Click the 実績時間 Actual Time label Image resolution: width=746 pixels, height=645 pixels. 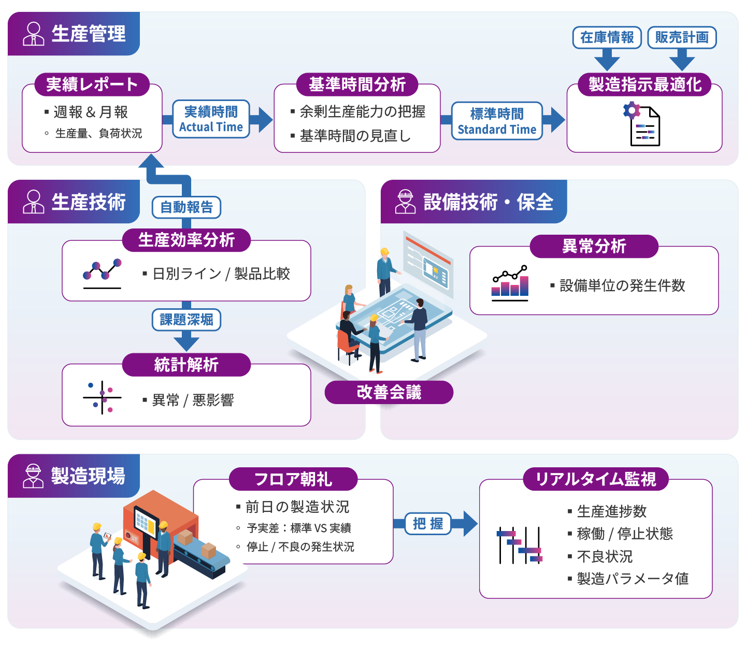211,119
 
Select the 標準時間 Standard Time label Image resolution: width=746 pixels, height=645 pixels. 497,121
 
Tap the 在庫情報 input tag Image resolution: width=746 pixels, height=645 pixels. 607,37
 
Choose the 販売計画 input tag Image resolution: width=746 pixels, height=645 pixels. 682,37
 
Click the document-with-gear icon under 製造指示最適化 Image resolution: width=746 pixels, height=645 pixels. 642,124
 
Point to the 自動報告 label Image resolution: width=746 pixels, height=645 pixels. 187,207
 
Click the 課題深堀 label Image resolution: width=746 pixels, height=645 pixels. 187,320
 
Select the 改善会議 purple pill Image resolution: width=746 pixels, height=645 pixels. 389,392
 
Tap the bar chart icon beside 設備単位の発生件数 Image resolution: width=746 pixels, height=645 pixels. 510,283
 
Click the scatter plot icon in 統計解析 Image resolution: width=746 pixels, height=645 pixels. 102,397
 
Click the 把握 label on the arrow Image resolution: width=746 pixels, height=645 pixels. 428,524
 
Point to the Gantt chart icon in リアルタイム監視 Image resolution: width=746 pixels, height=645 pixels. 519,545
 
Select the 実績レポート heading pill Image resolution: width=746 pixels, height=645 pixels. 92,84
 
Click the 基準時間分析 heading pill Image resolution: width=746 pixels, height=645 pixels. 357,84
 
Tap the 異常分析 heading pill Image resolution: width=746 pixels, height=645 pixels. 594,246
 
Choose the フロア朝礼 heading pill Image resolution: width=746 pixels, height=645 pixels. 293,479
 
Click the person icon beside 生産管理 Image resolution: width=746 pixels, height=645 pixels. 34,34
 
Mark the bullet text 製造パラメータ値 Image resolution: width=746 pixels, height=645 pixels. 633,579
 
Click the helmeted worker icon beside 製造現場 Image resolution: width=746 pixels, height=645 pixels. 33,476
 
